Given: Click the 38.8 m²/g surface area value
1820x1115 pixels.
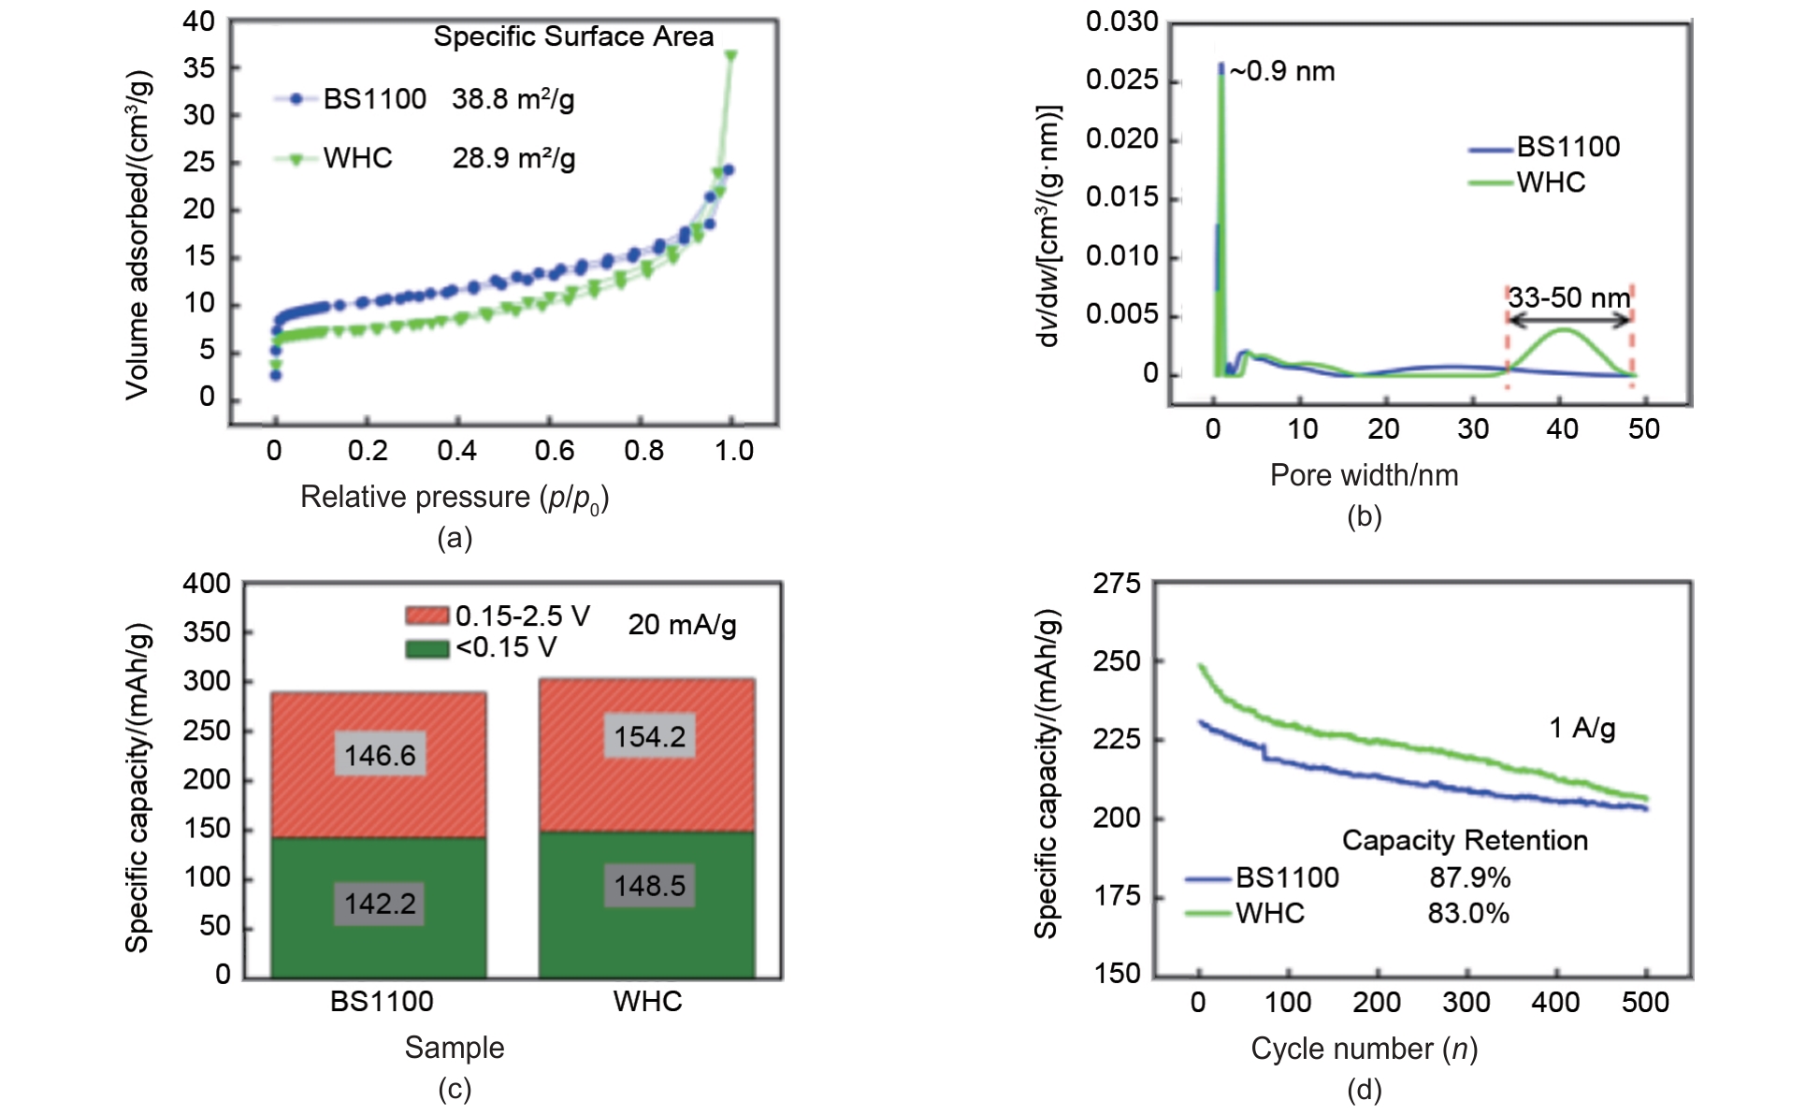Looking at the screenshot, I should click(x=513, y=99).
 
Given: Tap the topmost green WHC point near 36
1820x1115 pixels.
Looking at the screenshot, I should click(x=730, y=56).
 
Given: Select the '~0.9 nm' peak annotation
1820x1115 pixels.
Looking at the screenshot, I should click(x=1282, y=72).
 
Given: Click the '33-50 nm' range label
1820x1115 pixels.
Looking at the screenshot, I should click(x=1569, y=298).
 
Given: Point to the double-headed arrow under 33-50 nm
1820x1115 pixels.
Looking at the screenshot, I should click(x=1569, y=320).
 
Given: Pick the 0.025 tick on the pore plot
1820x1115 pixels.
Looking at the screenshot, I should click(x=1121, y=80).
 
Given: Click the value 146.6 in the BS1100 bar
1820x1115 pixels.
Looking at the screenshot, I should click(x=380, y=755).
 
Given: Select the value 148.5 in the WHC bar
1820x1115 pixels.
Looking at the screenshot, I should click(x=649, y=885).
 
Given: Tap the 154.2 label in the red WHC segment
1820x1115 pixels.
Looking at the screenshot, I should click(x=649, y=737).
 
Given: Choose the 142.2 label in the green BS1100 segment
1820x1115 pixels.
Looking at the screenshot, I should click(x=380, y=904).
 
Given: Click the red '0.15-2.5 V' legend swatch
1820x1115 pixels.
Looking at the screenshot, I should click(x=427, y=615).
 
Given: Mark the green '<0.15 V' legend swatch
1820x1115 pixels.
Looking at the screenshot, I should click(x=427, y=647).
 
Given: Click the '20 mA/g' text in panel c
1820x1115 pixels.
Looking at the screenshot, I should click(x=682, y=625).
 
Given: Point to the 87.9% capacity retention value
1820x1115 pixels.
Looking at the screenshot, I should click(x=1469, y=877).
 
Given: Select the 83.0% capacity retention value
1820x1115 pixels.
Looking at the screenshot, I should click(x=1468, y=913).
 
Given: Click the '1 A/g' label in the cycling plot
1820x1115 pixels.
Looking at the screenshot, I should click(x=1582, y=728).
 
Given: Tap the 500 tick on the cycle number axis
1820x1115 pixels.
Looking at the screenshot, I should click(x=1645, y=1003).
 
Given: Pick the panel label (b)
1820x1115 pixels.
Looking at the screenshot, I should click(x=1364, y=516).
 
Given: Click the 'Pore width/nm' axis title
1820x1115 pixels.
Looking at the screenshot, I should click(x=1364, y=475).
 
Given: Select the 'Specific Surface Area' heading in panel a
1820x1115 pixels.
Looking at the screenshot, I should click(x=573, y=36).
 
